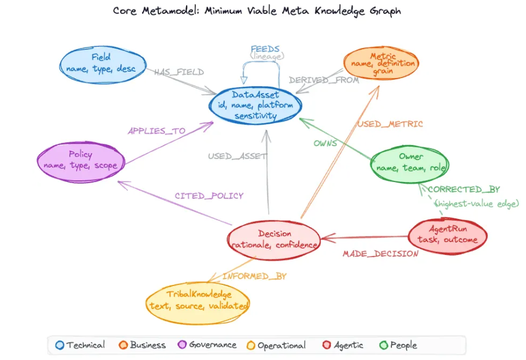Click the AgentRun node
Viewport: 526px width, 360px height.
[x=447, y=235]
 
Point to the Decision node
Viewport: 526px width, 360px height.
[x=274, y=239]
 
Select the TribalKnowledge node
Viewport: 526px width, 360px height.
[x=199, y=301]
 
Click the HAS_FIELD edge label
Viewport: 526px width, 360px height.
[x=179, y=72]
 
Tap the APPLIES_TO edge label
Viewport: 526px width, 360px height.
[x=157, y=131]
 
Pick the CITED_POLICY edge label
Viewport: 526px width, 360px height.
[x=209, y=196]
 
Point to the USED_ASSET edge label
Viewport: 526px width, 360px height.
[x=238, y=156]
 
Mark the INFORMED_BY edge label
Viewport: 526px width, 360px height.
[x=254, y=276]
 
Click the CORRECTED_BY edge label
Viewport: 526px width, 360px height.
[x=464, y=189]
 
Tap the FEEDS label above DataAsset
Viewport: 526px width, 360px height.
[x=265, y=49]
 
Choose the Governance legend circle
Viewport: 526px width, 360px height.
[x=181, y=345]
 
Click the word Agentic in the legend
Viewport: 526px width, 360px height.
[x=349, y=345]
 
